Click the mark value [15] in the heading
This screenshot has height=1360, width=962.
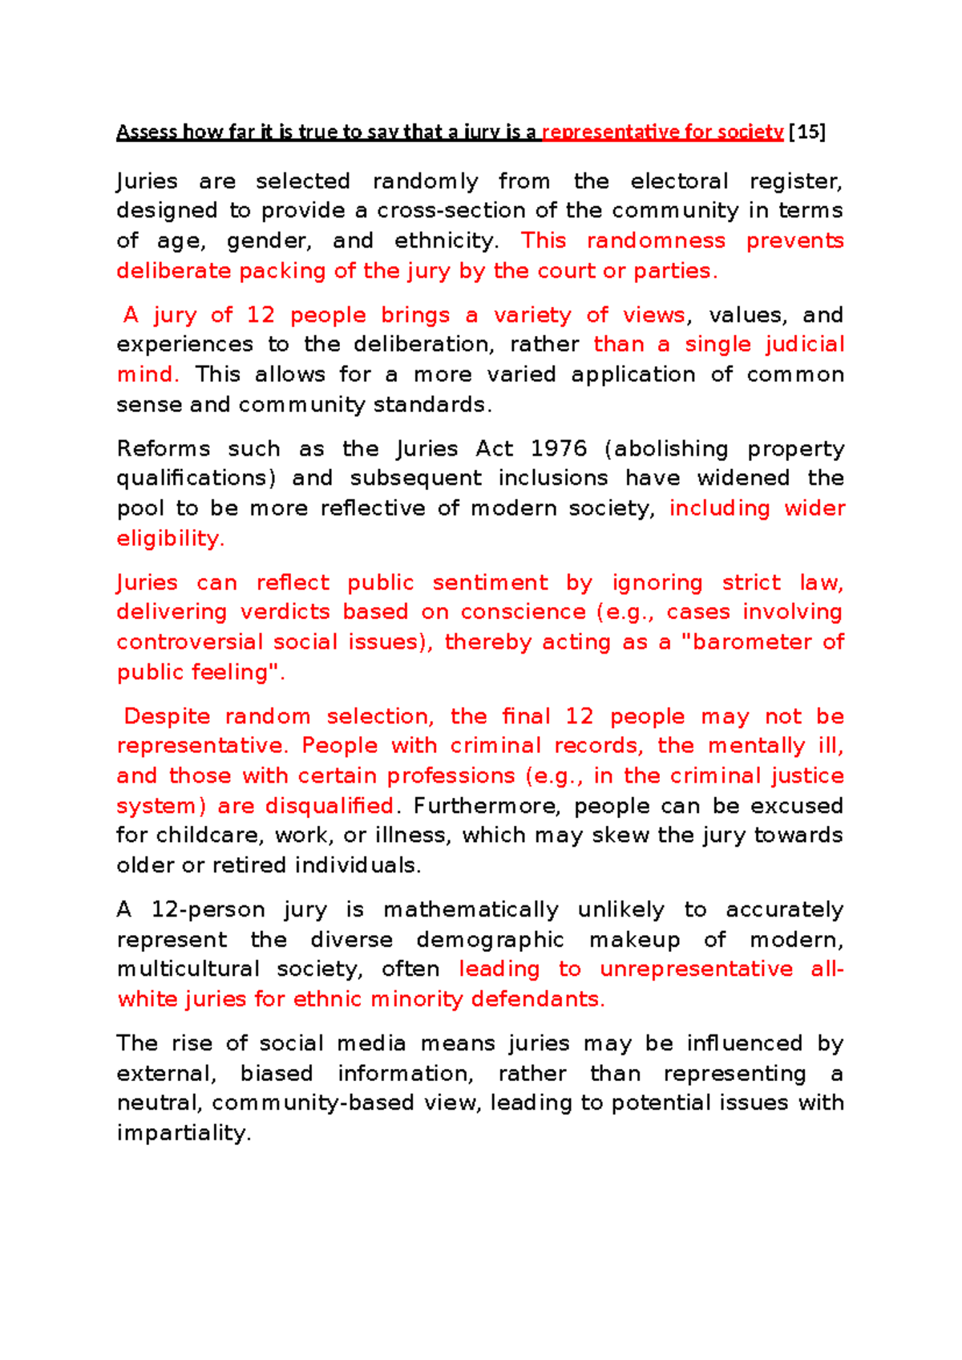pos(807,132)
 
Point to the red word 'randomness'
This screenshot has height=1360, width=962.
pos(656,241)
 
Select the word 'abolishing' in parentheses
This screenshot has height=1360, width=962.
pos(667,448)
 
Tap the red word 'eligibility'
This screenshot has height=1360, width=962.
pos(168,538)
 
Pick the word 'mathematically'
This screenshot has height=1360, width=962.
pos(471,909)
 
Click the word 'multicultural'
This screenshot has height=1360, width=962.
pos(188,969)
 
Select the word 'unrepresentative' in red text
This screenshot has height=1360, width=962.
pos(696,969)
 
